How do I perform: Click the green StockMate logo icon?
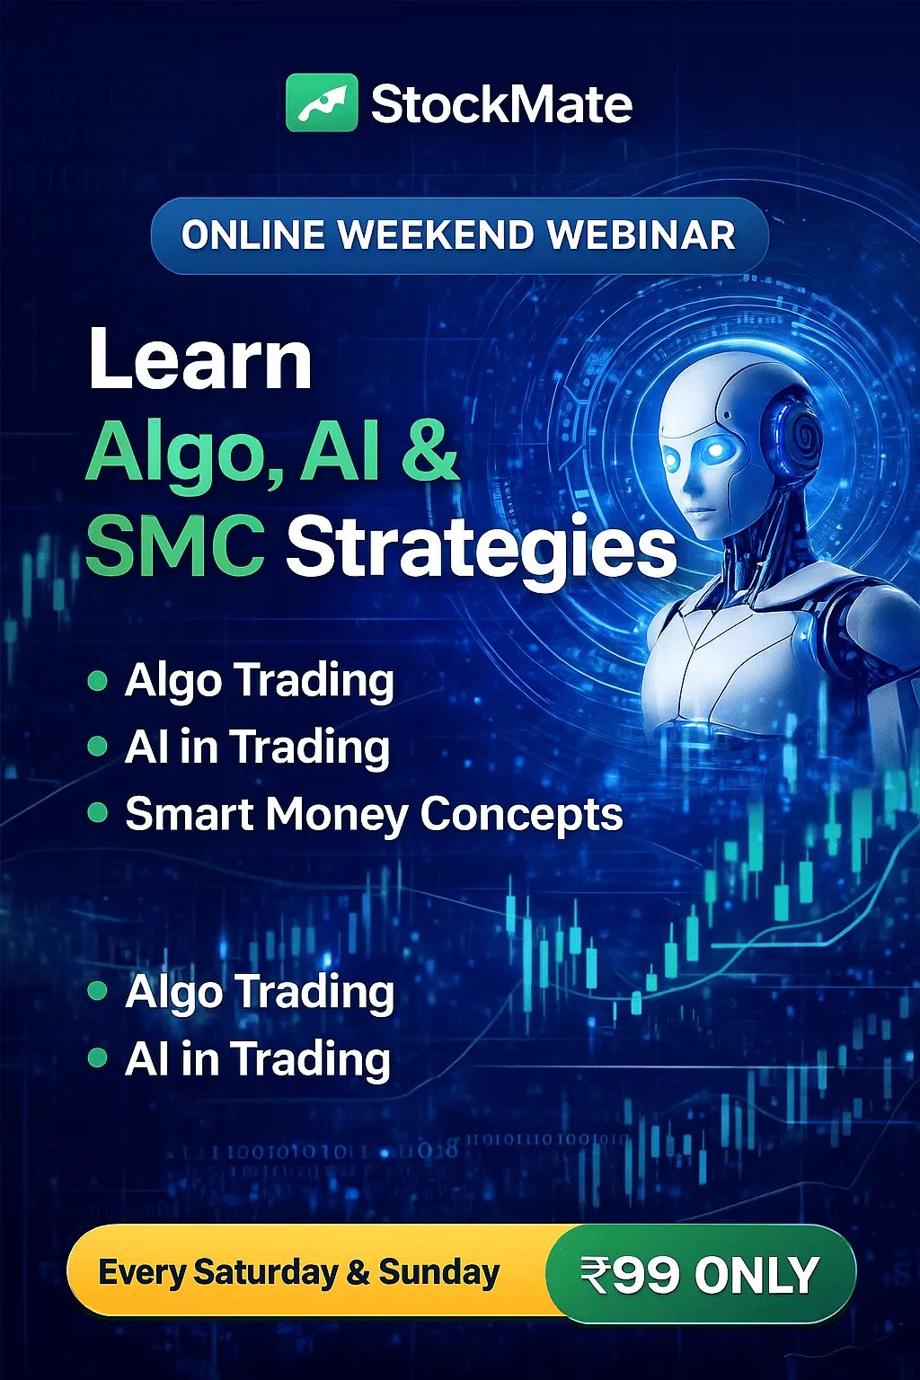tap(322, 102)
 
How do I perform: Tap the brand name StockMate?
tap(501, 103)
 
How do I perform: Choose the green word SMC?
tap(175, 545)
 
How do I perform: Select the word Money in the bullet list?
tap(337, 815)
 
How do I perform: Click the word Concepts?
tap(522, 815)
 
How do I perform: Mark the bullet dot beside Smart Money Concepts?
tap(98, 813)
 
